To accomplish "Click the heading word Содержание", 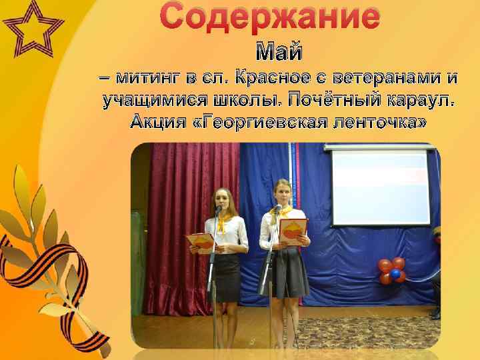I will [x=270, y=16].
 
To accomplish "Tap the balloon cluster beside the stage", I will [x=392, y=270].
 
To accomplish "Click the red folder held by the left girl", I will [x=200, y=241].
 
